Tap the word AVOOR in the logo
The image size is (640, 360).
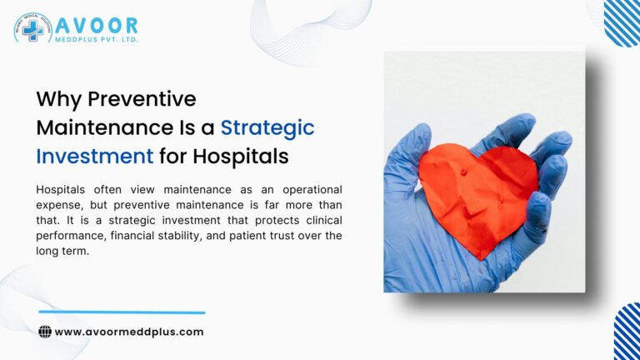pos(98,24)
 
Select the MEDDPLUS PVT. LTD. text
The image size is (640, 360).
pos(98,39)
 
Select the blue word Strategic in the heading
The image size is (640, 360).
pos(267,127)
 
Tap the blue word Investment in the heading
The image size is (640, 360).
pos(94,156)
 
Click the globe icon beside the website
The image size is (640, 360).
pos(45,332)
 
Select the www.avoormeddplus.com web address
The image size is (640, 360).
pos(128,332)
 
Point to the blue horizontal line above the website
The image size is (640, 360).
pos(122,312)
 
